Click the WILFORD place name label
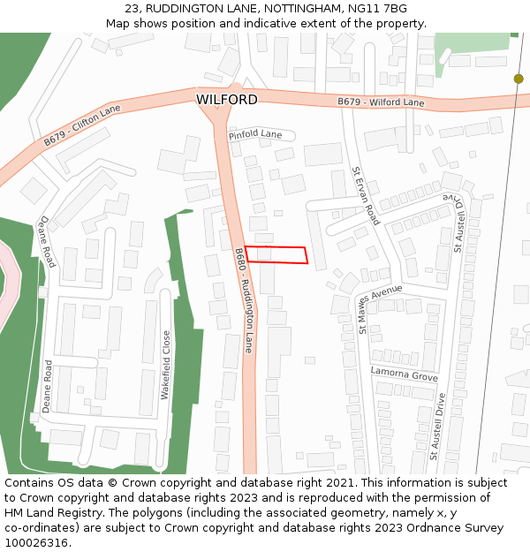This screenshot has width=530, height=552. pyautogui.click(x=227, y=100)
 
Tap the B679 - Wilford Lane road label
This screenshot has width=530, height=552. pyautogui.click(x=381, y=102)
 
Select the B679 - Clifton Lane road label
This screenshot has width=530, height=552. pyautogui.click(x=82, y=125)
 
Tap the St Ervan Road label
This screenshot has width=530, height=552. pyautogui.click(x=366, y=195)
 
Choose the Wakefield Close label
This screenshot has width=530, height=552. pyautogui.click(x=165, y=365)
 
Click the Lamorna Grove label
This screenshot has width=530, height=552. pyautogui.click(x=404, y=374)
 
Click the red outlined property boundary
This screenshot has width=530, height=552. pyautogui.click(x=276, y=254)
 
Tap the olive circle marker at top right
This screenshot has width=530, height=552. pyautogui.click(x=519, y=79)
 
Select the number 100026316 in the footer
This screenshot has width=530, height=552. pyautogui.click(x=35, y=542)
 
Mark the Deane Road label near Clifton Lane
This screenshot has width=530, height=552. pyautogui.click(x=47, y=241)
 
